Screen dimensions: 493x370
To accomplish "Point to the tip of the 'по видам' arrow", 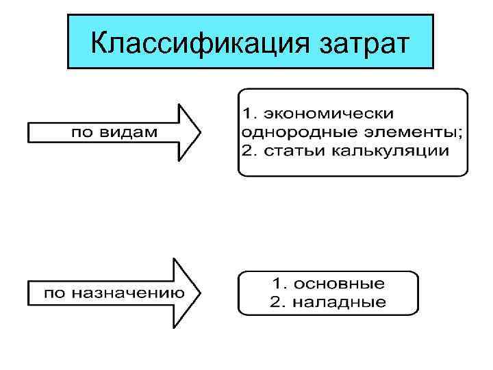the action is click(201, 132).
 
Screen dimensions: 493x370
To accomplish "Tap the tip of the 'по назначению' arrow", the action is click(201, 293).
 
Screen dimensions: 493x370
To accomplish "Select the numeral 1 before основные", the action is click(277, 283).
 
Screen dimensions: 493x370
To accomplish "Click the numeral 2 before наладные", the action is click(277, 302).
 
